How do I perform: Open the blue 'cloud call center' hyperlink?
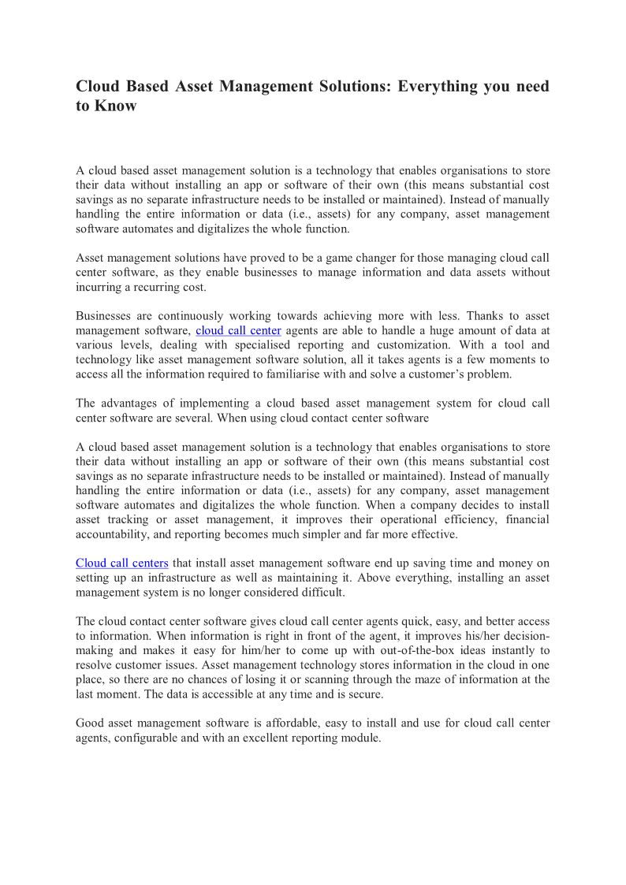[x=238, y=330]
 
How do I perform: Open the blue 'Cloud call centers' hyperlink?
[x=122, y=563]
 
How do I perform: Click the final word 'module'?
[x=360, y=738]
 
